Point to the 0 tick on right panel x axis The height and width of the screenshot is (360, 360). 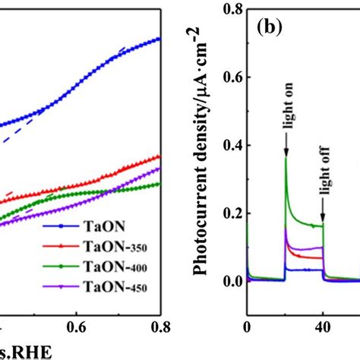click(x=247, y=329)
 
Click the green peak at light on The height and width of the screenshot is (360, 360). click(x=286, y=157)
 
